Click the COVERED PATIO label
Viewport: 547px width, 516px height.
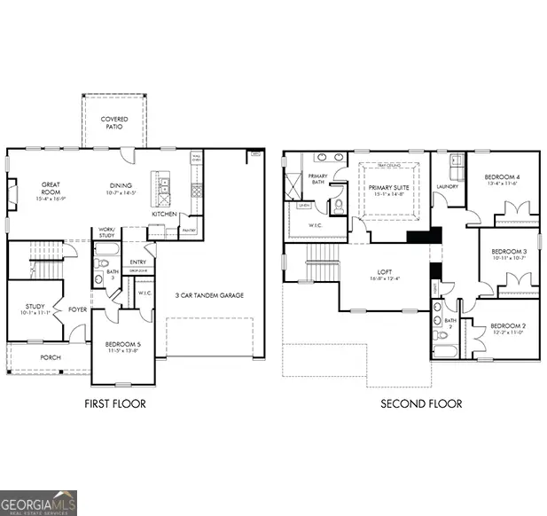coord(113,122)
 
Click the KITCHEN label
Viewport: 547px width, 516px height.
coord(164,214)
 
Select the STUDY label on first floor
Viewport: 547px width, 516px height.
coord(35,309)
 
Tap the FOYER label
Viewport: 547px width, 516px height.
coord(77,311)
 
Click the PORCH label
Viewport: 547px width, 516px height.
coord(50,358)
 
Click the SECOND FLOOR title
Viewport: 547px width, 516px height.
coord(421,403)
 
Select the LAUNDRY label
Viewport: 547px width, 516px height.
coord(447,187)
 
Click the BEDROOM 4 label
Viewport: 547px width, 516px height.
coord(502,180)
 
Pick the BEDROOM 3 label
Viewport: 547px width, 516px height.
coord(509,254)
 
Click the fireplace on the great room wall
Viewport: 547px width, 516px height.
coord(11,194)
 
